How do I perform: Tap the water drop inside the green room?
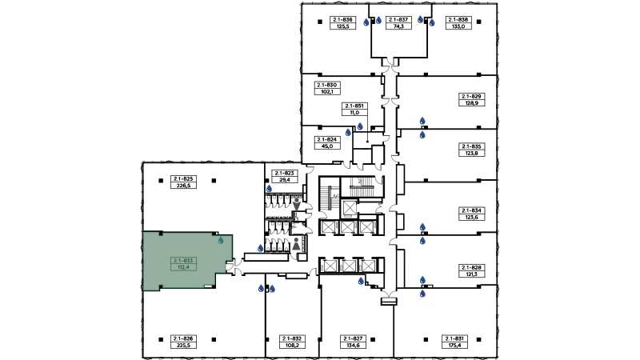221,240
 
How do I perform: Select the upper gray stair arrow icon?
296,205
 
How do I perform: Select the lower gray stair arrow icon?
296,242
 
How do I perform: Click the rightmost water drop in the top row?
431,23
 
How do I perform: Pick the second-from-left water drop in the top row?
379,18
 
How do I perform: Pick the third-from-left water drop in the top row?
420,18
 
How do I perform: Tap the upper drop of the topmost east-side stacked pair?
422,121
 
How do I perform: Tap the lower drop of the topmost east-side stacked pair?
422,134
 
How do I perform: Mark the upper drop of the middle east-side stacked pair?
422,223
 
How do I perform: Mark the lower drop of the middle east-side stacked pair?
422,241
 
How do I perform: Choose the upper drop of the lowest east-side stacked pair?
422,281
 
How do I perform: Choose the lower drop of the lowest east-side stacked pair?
422,294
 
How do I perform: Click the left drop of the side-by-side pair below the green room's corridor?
260,288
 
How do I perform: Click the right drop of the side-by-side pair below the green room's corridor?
272,288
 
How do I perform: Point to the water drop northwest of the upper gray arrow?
270,188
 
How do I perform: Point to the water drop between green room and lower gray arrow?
260,247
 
